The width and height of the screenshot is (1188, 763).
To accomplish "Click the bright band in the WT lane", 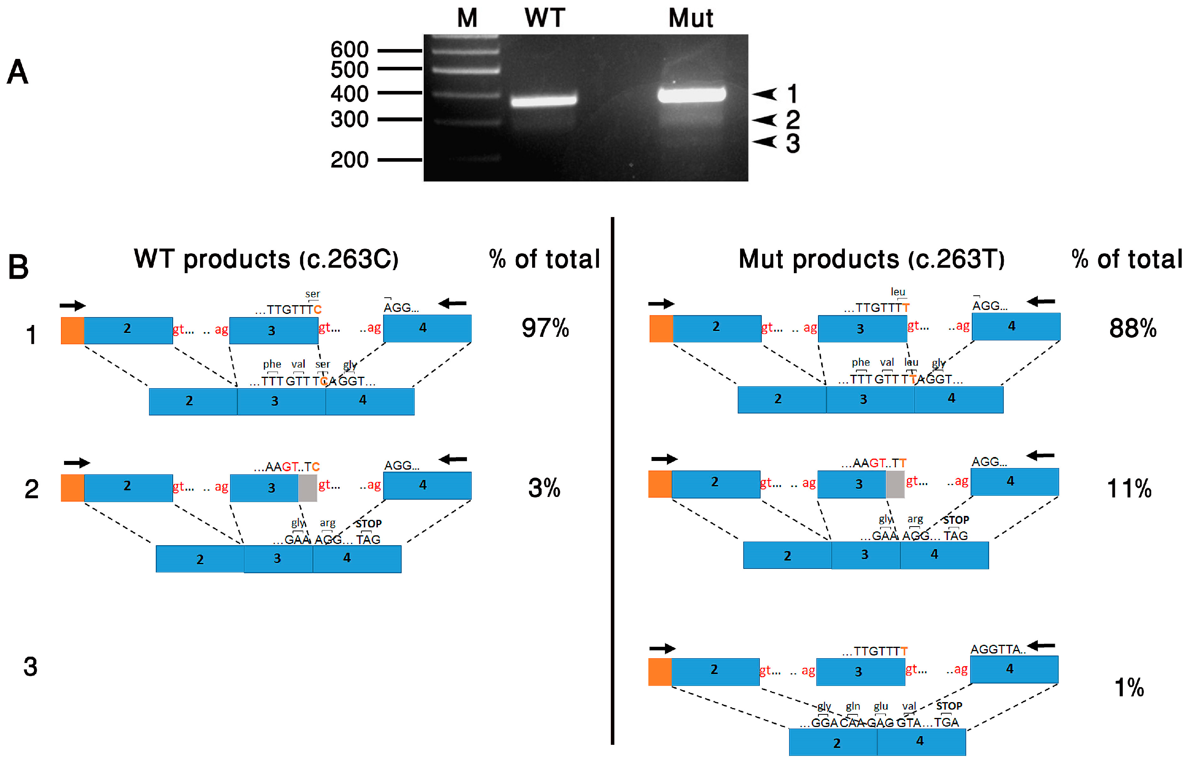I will (x=544, y=100).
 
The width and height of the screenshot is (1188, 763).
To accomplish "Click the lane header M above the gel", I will (x=467, y=18).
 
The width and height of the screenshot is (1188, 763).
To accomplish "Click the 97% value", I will (x=545, y=328).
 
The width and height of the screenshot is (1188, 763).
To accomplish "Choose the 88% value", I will (x=1133, y=328).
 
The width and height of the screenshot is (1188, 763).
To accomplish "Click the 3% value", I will (x=544, y=488).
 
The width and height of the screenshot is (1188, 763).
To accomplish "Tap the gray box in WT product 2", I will (x=308, y=488).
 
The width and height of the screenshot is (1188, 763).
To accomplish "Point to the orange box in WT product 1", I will (x=72, y=331).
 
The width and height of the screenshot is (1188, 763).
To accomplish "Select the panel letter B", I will (x=18, y=267).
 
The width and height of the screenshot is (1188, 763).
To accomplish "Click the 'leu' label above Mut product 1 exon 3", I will (x=898, y=292).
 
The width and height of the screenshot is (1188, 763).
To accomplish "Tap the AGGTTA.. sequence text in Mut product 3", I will (x=997, y=649).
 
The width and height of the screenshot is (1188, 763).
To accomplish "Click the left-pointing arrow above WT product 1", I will (x=452, y=303).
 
